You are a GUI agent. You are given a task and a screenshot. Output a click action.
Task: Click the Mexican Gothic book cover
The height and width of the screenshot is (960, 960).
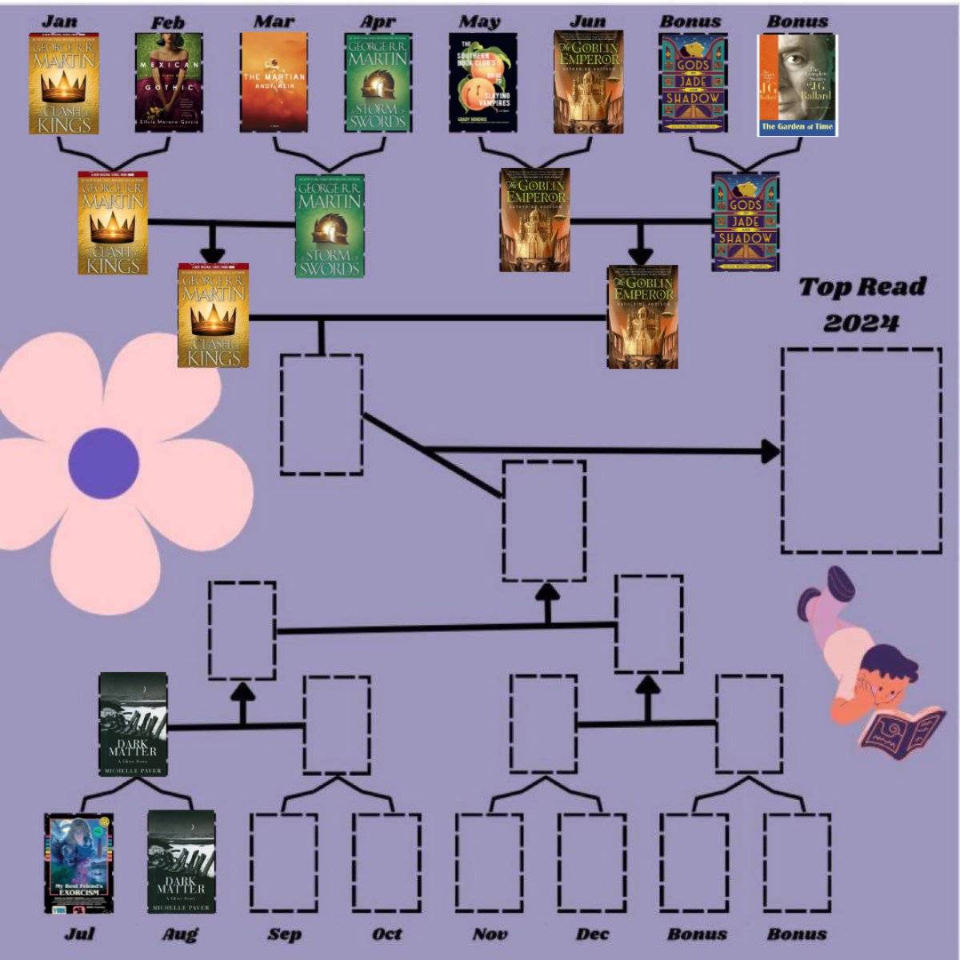[x=168, y=83]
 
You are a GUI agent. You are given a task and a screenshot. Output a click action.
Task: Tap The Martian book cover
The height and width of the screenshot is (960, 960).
[x=274, y=82]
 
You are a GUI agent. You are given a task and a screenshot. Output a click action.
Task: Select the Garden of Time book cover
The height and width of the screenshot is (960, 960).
[x=797, y=85]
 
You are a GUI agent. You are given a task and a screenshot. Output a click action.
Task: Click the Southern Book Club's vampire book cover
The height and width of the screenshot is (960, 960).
[x=483, y=83]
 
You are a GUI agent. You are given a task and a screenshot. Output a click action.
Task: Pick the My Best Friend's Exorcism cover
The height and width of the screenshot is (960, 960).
[x=78, y=863]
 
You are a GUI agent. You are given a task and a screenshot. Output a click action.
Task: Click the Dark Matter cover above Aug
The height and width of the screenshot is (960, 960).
[x=182, y=862]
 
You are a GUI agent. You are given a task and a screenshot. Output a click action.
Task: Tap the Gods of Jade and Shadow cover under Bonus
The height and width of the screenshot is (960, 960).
[x=693, y=83]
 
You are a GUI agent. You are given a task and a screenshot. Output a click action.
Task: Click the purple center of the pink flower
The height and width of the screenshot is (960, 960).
[x=104, y=463]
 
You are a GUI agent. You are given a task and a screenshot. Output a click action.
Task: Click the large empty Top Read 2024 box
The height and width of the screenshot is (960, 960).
[x=861, y=450]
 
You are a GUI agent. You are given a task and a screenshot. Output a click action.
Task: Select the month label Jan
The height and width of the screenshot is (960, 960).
[x=59, y=20]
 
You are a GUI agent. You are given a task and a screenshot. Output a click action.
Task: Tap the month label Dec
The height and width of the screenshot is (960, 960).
[x=592, y=934]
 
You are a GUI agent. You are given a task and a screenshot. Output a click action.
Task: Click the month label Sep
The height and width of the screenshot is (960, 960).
[x=285, y=934]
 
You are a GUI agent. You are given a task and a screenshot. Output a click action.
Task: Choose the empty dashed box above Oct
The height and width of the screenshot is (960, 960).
[x=386, y=862]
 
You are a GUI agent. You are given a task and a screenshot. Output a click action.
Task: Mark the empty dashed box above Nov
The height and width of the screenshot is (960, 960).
[x=490, y=862]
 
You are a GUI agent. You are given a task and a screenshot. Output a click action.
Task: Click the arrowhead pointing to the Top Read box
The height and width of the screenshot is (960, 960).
[x=770, y=451]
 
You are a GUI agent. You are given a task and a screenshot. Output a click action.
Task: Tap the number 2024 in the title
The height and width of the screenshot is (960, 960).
[x=861, y=322]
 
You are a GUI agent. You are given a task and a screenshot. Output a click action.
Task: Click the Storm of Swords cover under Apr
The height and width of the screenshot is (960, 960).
[x=378, y=82]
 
